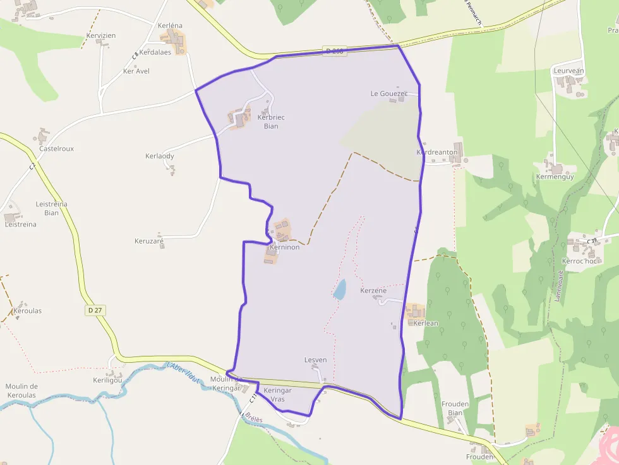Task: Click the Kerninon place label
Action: tap(284, 247)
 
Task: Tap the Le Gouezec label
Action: tap(389, 93)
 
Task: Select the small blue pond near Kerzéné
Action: tap(340, 290)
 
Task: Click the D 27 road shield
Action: tap(93, 310)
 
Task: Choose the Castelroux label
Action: tap(56, 149)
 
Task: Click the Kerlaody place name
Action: tap(159, 156)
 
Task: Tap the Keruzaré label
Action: tap(149, 241)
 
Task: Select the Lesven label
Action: tap(315, 360)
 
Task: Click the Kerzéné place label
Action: tap(373, 291)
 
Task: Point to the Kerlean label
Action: tap(425, 323)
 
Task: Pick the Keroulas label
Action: tap(27, 311)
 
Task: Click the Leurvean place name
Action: tap(568, 71)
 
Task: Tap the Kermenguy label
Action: tap(555, 177)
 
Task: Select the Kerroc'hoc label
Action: tap(579, 261)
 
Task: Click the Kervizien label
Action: tap(101, 36)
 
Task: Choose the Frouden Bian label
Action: tap(455, 408)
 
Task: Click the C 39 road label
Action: tap(591, 241)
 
